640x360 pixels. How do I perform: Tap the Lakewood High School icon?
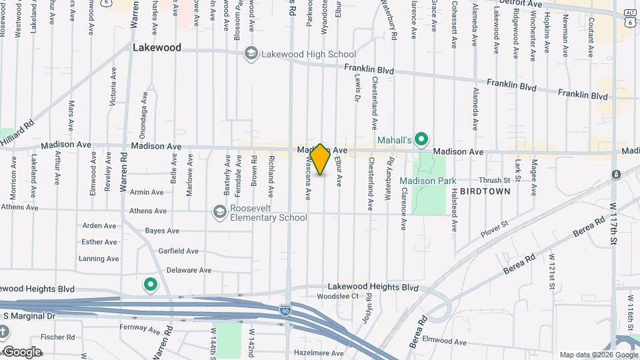[251, 54]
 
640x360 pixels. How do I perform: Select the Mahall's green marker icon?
[421, 139]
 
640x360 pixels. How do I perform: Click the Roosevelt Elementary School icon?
[219, 212]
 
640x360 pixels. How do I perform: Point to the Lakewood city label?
[157, 48]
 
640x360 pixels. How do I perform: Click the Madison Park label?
[428, 181]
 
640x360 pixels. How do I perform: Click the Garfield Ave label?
[178, 251]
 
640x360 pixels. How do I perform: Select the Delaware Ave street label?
[189, 270]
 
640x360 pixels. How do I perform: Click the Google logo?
[23, 351]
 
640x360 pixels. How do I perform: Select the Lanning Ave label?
[99, 259]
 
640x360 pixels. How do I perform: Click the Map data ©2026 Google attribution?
[597, 355]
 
